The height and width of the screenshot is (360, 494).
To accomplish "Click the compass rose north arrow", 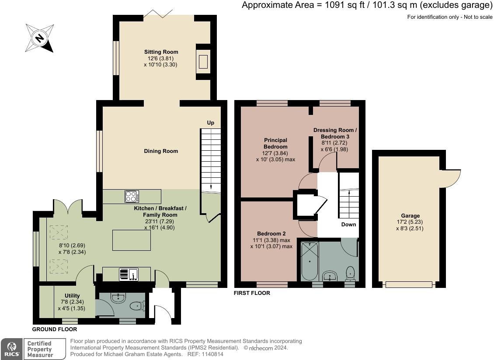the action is pyautogui.click(x=39, y=38).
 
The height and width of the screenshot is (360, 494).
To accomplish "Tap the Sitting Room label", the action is pyautogui.click(x=161, y=52).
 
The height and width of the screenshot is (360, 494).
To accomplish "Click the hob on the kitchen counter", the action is pyautogui.click(x=132, y=197).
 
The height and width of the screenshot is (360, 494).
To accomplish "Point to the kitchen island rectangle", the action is pyautogui.click(x=132, y=240).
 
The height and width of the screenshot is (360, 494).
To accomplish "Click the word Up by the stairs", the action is pyautogui.click(x=210, y=123).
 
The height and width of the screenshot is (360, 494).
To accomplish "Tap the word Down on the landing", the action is pyautogui.click(x=348, y=225).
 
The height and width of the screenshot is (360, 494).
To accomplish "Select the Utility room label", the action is pyautogui.click(x=72, y=296).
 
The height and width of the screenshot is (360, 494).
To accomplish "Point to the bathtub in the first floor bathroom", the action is pyautogui.click(x=310, y=261).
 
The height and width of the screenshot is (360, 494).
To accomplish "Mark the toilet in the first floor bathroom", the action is pyautogui.click(x=350, y=273).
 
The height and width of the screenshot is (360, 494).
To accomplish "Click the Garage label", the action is pyautogui.click(x=410, y=216).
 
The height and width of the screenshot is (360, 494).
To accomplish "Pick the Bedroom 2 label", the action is pyautogui.click(x=271, y=234).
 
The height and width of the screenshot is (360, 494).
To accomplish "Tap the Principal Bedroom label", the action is pyautogui.click(x=276, y=143).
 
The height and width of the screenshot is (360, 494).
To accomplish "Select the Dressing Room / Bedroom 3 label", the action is pyautogui.click(x=335, y=133).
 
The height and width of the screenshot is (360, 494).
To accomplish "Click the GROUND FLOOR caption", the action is pyautogui.click(x=55, y=329).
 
